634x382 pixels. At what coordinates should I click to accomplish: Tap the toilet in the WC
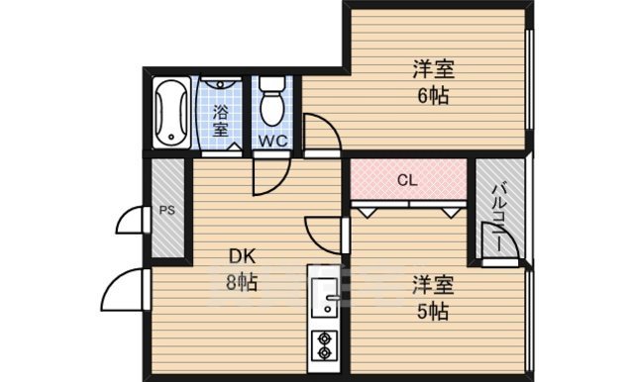tap(271, 102)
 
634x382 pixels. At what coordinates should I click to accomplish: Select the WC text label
tap(273, 141)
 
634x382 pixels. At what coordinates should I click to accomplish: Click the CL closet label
tap(407, 181)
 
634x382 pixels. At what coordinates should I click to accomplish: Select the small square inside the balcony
tap(492, 240)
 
